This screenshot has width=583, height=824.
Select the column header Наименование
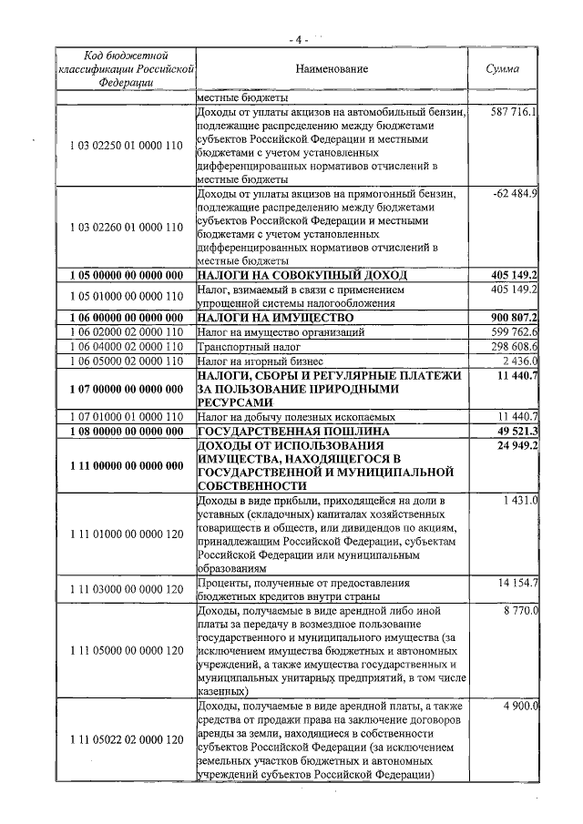click(332, 68)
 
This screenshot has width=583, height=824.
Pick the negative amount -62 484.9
click(515, 194)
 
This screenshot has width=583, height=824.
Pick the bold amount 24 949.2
click(517, 445)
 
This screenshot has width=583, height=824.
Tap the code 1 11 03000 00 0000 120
click(126, 589)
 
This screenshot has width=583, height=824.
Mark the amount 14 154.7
click(517, 582)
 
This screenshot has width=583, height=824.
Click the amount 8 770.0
click(520, 610)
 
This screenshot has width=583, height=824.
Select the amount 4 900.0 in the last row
click(520, 706)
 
